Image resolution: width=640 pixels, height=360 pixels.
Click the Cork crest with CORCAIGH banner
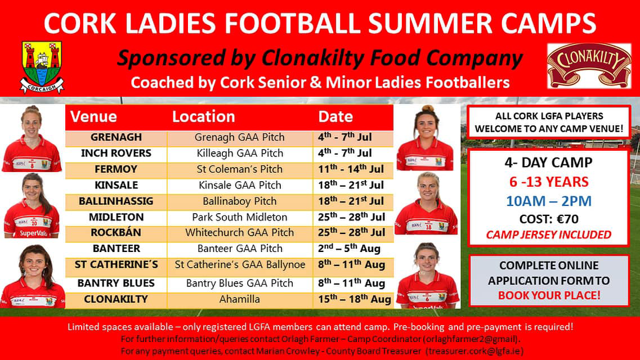pyautogui.click(x=42, y=67)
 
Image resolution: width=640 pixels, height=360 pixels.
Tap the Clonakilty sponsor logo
pyautogui.click(x=589, y=65)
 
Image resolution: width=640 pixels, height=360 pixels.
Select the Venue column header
pyautogui.click(x=93, y=116)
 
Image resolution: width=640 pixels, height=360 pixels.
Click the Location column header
pyautogui.click(x=204, y=116)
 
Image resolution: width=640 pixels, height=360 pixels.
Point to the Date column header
pyautogui.click(x=335, y=116)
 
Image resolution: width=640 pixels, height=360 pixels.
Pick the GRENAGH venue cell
pyautogui.click(x=117, y=137)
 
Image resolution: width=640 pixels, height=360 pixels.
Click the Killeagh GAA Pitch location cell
pyautogui.click(x=240, y=154)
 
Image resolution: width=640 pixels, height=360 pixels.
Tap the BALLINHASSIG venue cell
pyautogui.click(x=117, y=201)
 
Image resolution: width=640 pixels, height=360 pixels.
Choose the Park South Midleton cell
pyautogui.click(x=240, y=217)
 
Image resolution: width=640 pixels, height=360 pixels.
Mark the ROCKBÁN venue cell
pyautogui.click(x=117, y=232)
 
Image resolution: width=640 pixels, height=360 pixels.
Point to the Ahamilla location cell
pyautogui.click(x=240, y=299)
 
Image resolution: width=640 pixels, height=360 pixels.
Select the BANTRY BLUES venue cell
pyautogui.click(x=117, y=283)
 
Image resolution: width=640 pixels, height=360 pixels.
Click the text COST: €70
pyautogui.click(x=549, y=219)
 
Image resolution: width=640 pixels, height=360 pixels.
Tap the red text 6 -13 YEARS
pyautogui.click(x=549, y=182)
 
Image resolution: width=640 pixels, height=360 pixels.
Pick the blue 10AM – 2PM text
pyautogui.click(x=549, y=201)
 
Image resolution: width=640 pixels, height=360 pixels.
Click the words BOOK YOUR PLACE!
pyautogui.click(x=549, y=295)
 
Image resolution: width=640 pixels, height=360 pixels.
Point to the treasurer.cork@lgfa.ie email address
pyautogui.click(x=474, y=351)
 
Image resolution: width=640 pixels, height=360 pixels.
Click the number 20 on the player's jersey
pyautogui.click(x=34, y=223)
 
